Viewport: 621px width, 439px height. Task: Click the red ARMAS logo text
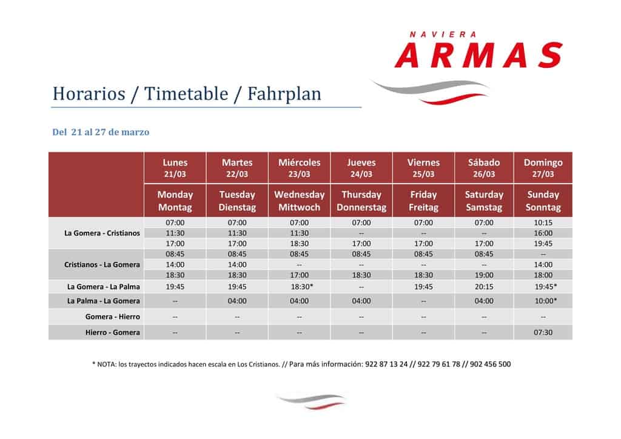point(478,55)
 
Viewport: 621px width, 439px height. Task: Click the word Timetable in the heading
point(186,94)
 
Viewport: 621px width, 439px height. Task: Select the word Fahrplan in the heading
point(284,94)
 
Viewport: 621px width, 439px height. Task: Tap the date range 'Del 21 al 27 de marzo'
point(101,132)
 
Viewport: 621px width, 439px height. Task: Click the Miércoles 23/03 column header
point(299,168)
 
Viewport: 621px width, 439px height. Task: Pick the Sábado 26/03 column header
point(484,168)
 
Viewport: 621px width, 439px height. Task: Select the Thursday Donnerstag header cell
point(361,201)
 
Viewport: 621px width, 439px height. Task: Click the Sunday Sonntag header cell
point(543,201)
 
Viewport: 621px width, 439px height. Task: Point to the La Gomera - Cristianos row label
point(102,233)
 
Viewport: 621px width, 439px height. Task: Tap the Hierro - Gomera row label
point(112,332)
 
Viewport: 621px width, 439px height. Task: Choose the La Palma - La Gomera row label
point(103,301)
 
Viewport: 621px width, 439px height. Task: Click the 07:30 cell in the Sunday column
point(543,332)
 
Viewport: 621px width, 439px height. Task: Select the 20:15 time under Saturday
point(484,287)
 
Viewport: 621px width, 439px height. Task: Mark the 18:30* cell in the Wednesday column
point(302,287)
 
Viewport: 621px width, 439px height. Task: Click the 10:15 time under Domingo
point(543,223)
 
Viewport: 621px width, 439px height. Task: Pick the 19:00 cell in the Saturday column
point(484,275)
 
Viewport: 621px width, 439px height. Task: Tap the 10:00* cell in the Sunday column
point(545,301)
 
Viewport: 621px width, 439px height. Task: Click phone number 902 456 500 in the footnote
point(490,364)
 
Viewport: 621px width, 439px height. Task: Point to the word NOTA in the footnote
point(107,364)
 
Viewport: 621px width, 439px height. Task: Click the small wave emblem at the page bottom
point(311,401)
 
